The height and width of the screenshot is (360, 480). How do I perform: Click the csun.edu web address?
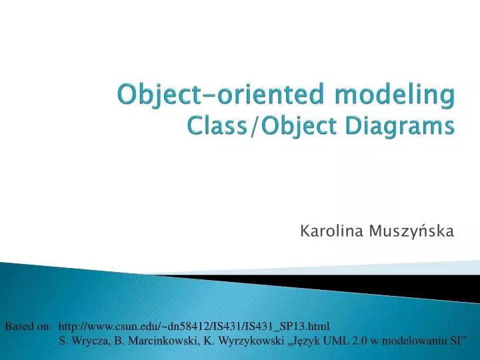[x=194, y=326]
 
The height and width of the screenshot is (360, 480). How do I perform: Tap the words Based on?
[x=28, y=326]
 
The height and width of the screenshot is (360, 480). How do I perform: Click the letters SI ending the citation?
[x=457, y=341]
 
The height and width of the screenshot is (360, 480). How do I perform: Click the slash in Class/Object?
[x=254, y=125]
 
